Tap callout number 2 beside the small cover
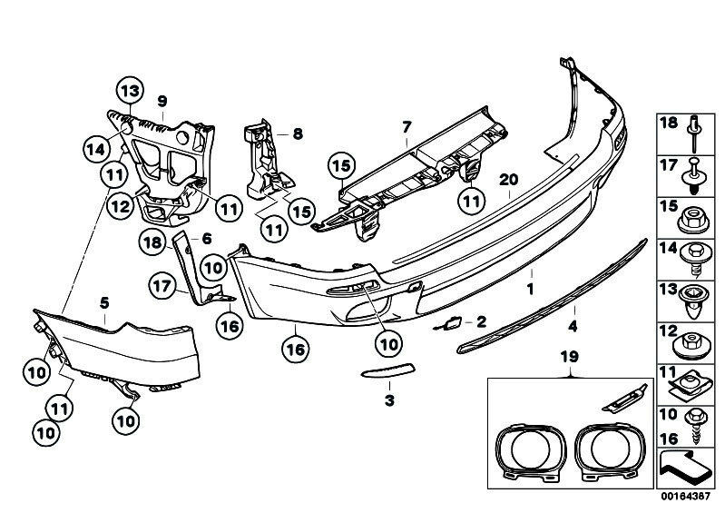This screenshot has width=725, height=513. (x=481, y=321)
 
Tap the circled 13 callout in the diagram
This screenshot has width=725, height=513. (x=130, y=91)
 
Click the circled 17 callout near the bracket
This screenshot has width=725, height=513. (x=162, y=285)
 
